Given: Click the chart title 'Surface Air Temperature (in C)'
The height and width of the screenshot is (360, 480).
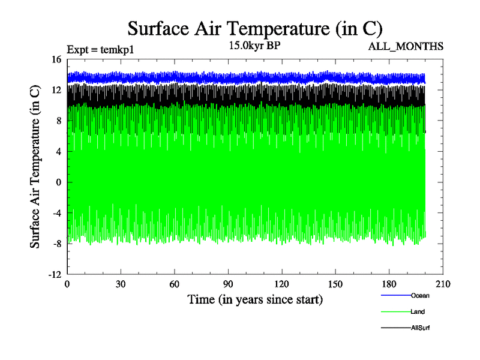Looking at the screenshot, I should coord(255,28).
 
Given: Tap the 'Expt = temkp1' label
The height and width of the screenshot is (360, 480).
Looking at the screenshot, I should coord(100,50).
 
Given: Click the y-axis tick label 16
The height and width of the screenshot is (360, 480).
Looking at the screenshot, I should coord(56,59).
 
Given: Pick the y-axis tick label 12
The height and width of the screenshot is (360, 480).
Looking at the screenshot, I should coord(56,90).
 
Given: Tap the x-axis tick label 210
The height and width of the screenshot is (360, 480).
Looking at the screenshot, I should coord(442,284).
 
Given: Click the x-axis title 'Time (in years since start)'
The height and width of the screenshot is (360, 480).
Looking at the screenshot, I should coord(255,299).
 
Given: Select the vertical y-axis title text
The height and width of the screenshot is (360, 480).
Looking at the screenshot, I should coord(36,167).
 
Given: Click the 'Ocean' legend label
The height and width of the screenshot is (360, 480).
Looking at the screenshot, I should coord(420,295).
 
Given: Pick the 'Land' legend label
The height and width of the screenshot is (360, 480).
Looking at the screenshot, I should coord(418,311).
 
